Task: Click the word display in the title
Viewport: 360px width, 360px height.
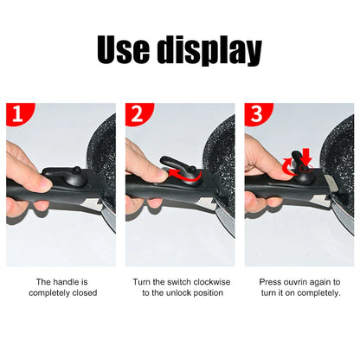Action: point(209,51)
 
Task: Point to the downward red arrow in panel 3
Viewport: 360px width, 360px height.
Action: point(304,158)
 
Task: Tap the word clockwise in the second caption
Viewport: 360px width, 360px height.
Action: point(209,282)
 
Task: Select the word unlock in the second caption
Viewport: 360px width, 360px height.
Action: point(186,293)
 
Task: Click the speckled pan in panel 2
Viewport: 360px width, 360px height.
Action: point(221,147)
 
